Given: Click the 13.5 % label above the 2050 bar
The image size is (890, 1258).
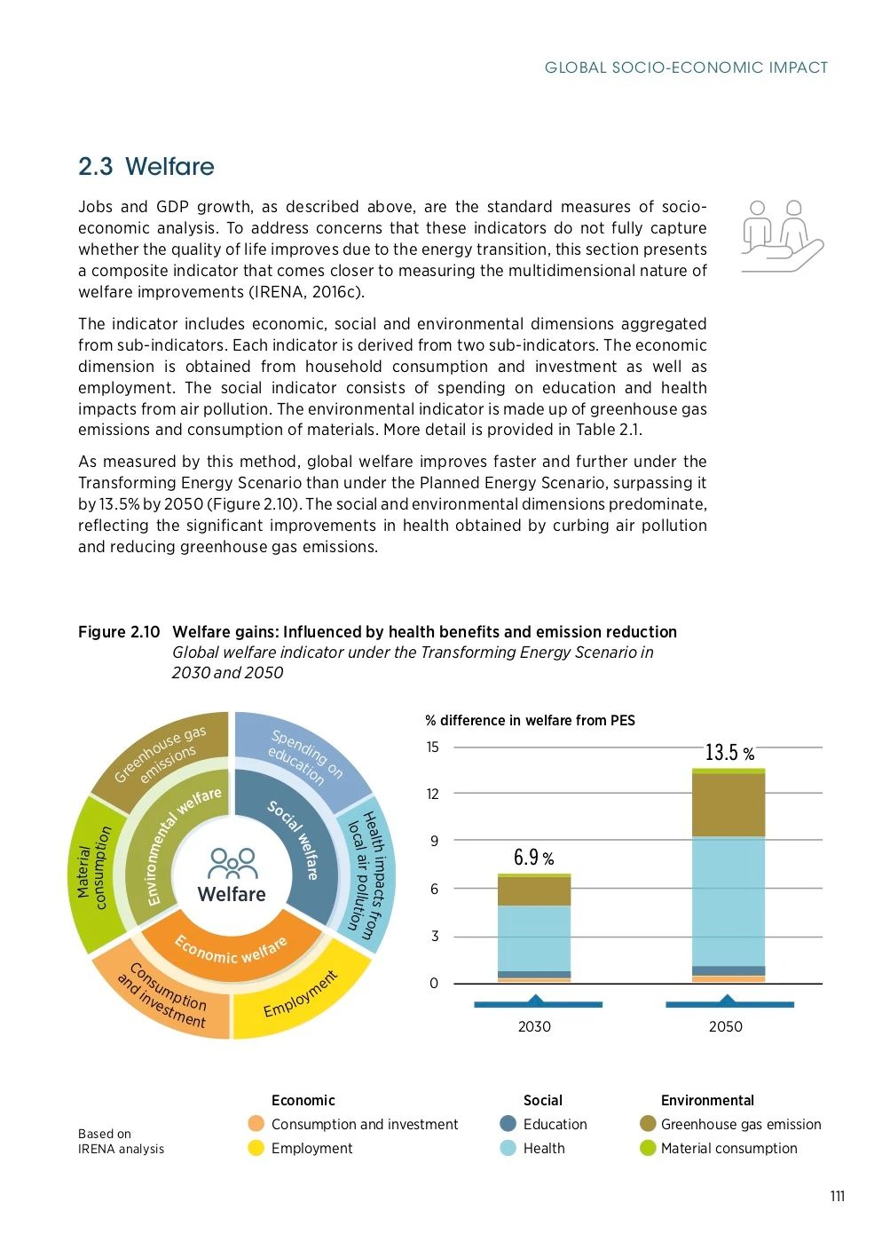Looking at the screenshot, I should pos(729,753).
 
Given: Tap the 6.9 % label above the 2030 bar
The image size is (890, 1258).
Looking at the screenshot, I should pos(533,858).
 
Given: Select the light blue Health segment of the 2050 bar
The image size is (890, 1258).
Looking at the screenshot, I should pos(729,900).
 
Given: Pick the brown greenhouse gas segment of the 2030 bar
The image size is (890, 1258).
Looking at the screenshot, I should pos(534,891).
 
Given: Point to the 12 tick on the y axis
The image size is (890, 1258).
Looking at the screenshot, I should pos(432,794).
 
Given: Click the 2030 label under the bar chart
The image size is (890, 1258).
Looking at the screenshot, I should pos(534,1026).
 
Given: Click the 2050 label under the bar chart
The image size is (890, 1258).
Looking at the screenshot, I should pos(725,1026).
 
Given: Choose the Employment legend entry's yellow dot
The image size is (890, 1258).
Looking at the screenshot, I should pos(256,1148).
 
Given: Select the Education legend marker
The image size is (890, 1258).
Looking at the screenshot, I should pos(508,1124).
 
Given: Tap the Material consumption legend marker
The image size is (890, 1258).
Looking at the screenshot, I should pos(648,1148).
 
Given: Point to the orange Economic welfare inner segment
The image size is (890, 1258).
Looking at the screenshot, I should pos(231,950).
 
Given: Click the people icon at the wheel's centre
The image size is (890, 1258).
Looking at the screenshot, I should pos(232,862).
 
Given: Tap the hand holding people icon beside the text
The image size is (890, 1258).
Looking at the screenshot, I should pos(781,235).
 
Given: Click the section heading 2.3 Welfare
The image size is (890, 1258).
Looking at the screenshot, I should pos(146,167).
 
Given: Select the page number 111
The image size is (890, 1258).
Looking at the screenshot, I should pos(837,1196).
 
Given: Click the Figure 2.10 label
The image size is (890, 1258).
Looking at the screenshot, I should pos(119,632).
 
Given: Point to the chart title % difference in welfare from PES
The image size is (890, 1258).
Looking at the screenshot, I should pos(530,720).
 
